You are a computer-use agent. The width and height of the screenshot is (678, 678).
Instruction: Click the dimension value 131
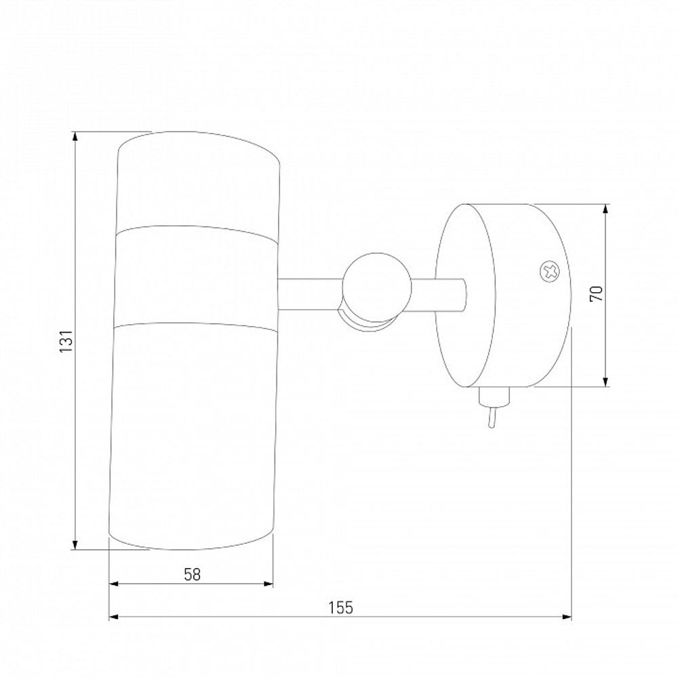point(66,340)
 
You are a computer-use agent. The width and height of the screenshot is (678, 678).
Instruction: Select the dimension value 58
point(193,575)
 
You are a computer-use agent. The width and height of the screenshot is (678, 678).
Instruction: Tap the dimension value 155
point(341,607)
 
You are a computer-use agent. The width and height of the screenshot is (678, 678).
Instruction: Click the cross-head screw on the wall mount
point(551,272)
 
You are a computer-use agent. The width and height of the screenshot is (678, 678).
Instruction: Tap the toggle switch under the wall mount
point(494,406)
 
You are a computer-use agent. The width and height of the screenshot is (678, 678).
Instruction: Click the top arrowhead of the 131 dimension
point(75,137)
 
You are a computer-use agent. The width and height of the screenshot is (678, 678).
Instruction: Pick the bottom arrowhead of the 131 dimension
point(75,544)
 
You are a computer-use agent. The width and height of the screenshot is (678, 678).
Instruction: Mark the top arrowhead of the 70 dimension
point(605,210)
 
